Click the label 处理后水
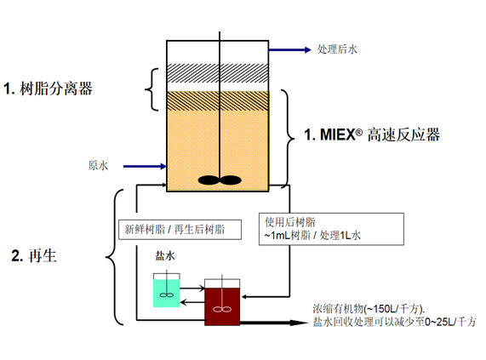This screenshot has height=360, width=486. tap(336, 49)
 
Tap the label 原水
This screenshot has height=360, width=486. tap(98, 166)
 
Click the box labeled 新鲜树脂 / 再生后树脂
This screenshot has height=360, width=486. tap(178, 229)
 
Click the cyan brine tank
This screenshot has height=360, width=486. tap(166, 291)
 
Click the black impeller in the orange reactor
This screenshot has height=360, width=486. tap(220, 180)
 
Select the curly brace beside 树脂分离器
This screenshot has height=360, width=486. tap(152, 88)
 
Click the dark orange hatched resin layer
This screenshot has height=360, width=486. tap(220, 100)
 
